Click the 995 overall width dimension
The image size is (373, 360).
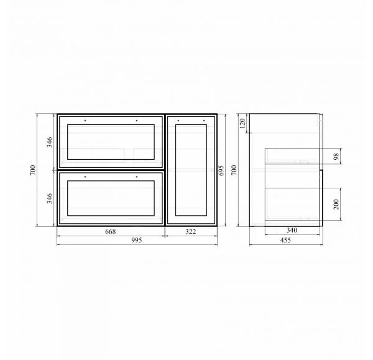coord(137,241)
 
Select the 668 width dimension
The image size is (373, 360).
coord(111,231)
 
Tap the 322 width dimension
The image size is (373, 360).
coord(191,231)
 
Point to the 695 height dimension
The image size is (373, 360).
coord(221,170)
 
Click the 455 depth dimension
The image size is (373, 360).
coord(285,241)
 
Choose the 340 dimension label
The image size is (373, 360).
coord(292,230)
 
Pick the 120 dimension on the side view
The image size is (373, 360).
coord(242,123)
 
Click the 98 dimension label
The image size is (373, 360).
coord(336,156)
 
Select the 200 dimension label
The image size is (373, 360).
coord(336,204)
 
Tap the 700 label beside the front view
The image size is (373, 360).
coord(33,170)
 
